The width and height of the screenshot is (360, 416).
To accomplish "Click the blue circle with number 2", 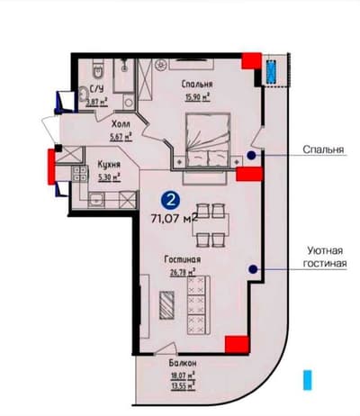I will tap(171, 198).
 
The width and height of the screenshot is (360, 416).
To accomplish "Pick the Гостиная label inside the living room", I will tap(183, 258).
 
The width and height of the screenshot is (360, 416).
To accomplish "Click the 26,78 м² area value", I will tap(184, 268).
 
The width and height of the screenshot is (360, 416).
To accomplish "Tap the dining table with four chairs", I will tap(210, 225).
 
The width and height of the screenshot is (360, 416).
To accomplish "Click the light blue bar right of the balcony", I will tap(308, 378).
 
